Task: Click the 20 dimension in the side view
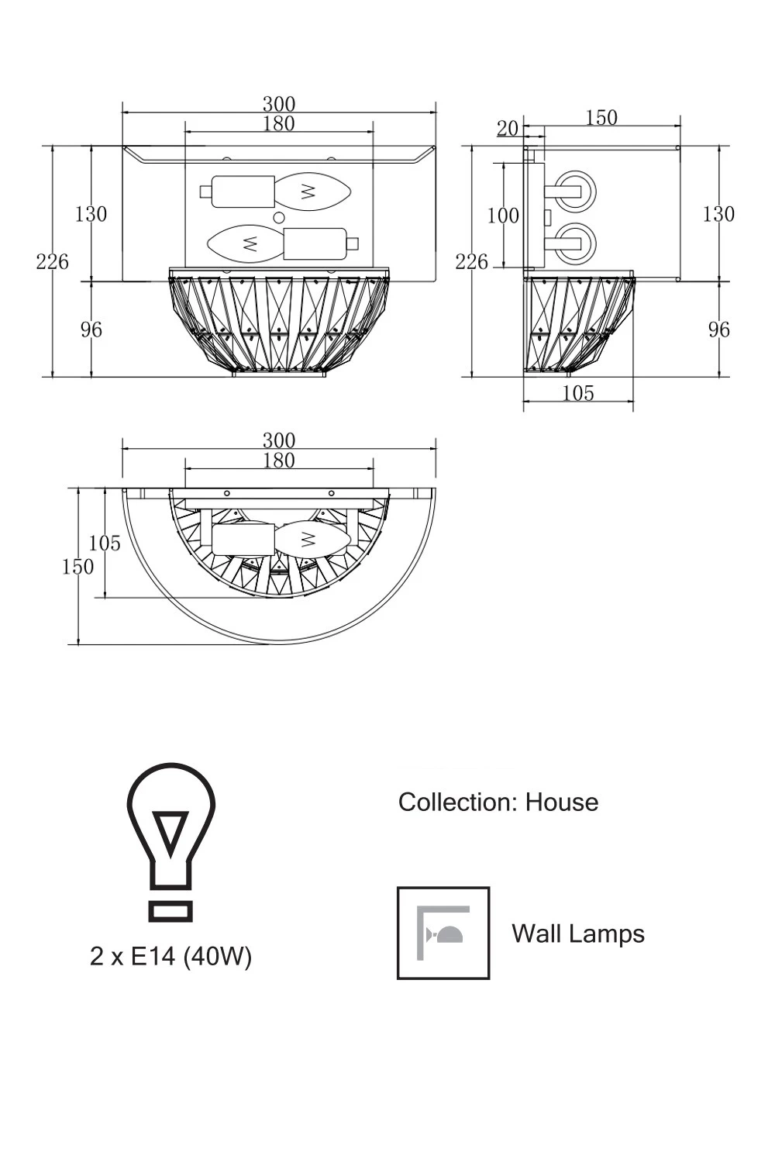(x=508, y=128)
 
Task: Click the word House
(x=562, y=802)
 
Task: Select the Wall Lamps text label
(x=577, y=934)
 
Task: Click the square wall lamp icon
(x=443, y=934)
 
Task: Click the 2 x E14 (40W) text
(x=170, y=957)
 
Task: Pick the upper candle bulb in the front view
(x=312, y=191)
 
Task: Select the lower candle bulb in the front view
(x=244, y=243)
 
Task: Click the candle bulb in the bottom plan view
(x=312, y=539)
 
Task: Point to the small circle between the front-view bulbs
(x=279, y=218)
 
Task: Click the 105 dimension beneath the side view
(x=578, y=394)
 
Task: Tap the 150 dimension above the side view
(x=601, y=118)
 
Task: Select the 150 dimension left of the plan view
(x=77, y=567)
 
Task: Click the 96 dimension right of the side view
(x=718, y=330)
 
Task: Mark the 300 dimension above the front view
(x=279, y=104)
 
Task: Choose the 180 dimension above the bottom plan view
(x=279, y=461)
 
